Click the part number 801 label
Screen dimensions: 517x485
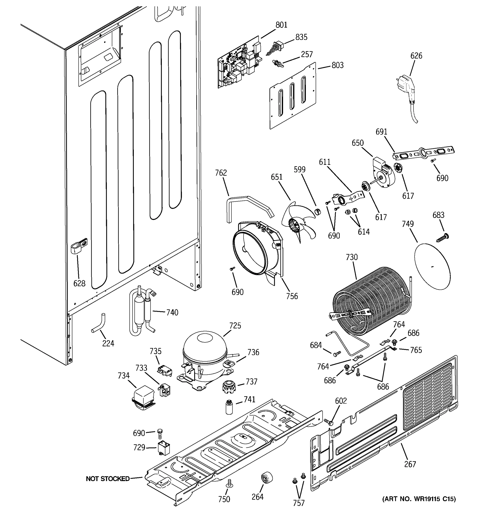point(281,25)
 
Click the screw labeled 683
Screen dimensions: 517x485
point(443,237)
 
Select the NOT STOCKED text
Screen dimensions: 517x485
point(108,478)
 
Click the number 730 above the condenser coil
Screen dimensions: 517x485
point(352,257)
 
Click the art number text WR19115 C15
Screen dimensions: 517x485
point(419,499)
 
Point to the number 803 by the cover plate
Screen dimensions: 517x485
point(338,65)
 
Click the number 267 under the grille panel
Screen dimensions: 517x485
point(410,464)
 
